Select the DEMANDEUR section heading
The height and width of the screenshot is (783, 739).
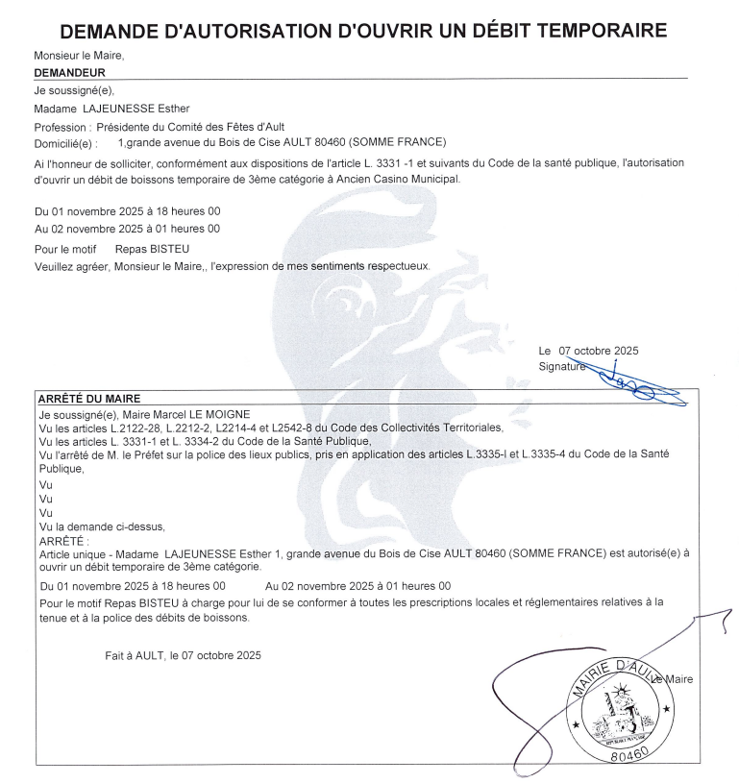point(69,72)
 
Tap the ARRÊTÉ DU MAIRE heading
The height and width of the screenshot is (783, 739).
point(87,398)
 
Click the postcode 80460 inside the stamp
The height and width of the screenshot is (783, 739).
point(628,751)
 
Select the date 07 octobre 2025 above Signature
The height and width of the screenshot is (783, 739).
point(599,351)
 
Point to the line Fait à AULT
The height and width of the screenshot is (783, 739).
point(183,655)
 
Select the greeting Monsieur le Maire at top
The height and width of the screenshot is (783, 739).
point(79,56)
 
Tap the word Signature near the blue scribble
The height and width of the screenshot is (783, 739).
point(561,367)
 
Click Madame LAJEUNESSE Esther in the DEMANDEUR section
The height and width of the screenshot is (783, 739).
point(111,109)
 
